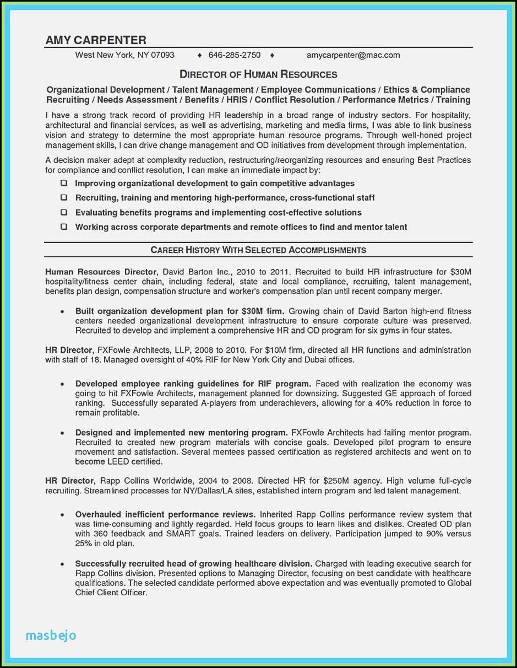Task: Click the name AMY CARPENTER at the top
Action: pos(96,40)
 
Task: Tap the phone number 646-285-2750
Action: pos(235,55)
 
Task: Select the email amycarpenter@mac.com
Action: pos(353,55)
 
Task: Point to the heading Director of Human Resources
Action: pos(258,74)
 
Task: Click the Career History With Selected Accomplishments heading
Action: pos(258,250)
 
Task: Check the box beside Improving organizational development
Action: pos(64,183)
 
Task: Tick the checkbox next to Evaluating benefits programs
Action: pos(64,212)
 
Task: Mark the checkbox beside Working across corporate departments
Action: pos(64,227)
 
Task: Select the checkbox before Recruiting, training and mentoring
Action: pos(64,197)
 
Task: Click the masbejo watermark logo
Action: pos(51,635)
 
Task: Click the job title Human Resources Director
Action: pos(101,272)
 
